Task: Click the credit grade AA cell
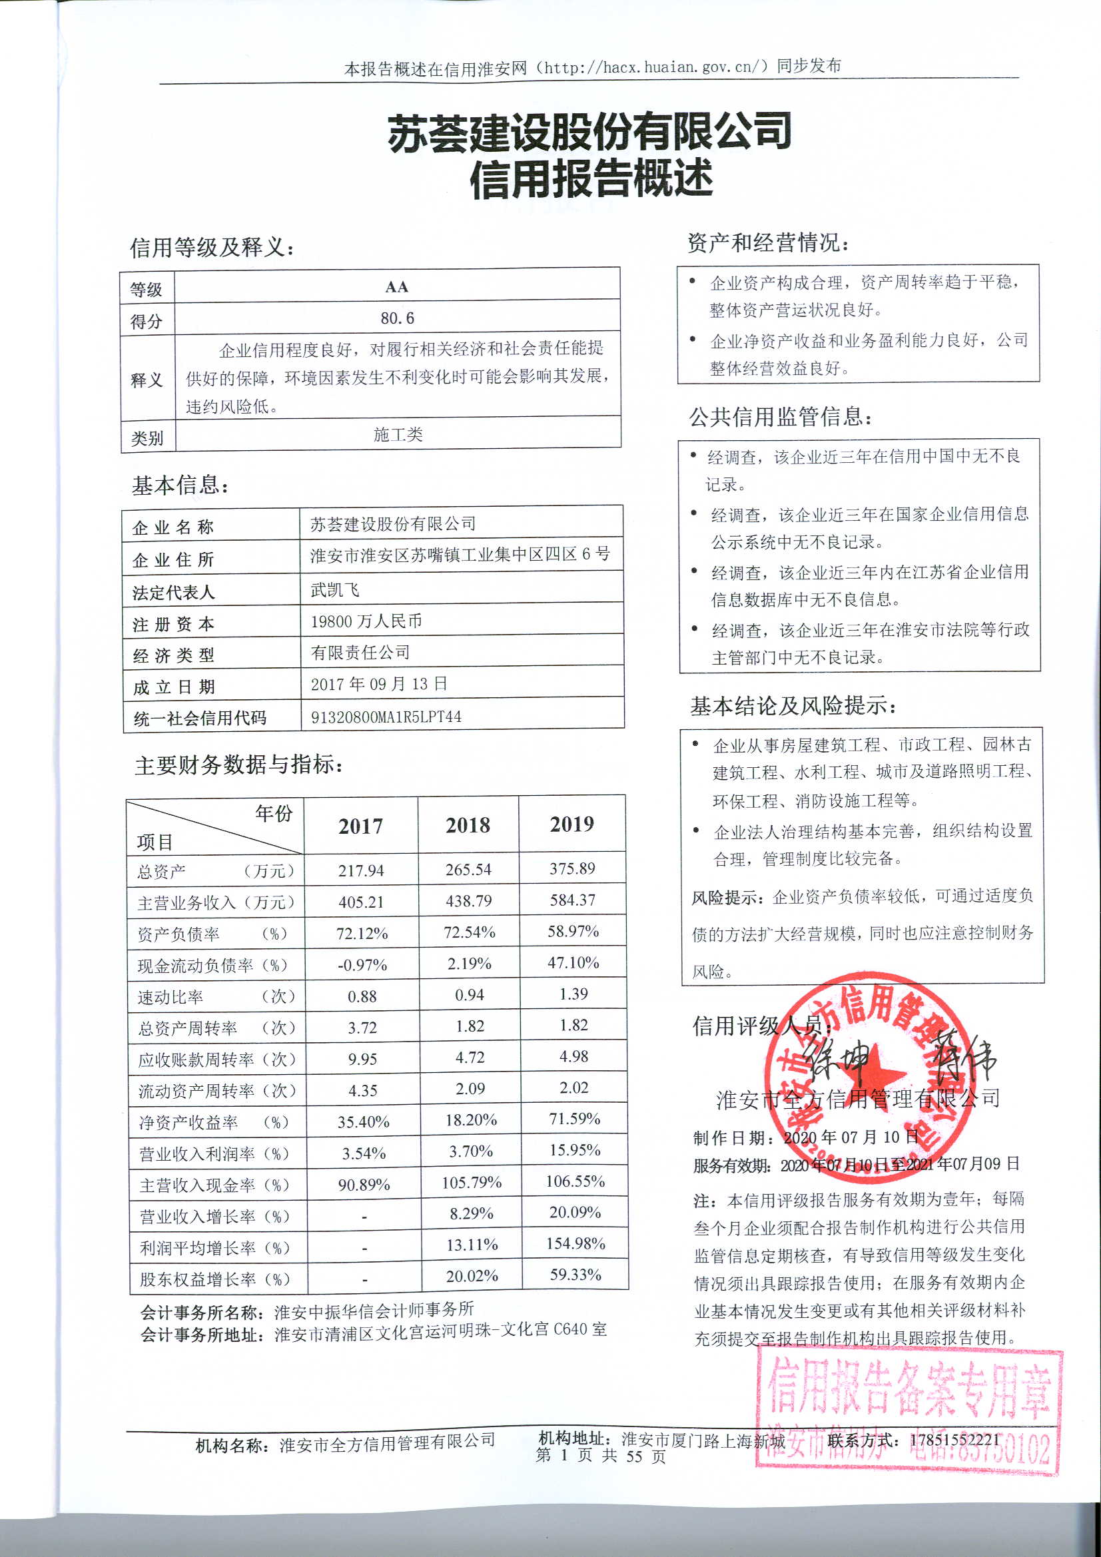(x=397, y=287)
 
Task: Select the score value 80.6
(x=397, y=318)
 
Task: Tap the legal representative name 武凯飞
(x=334, y=589)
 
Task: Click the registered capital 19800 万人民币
(x=366, y=621)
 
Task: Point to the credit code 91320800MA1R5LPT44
(x=386, y=717)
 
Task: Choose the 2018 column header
(x=468, y=825)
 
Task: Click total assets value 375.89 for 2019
(x=572, y=868)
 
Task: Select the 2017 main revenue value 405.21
(x=361, y=902)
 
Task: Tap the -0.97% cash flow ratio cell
(x=362, y=965)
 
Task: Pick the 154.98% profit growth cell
(x=575, y=1243)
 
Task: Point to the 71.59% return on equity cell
(x=575, y=1118)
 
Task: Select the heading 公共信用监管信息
(x=780, y=416)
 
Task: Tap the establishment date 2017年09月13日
(x=378, y=683)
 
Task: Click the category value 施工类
(x=398, y=434)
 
